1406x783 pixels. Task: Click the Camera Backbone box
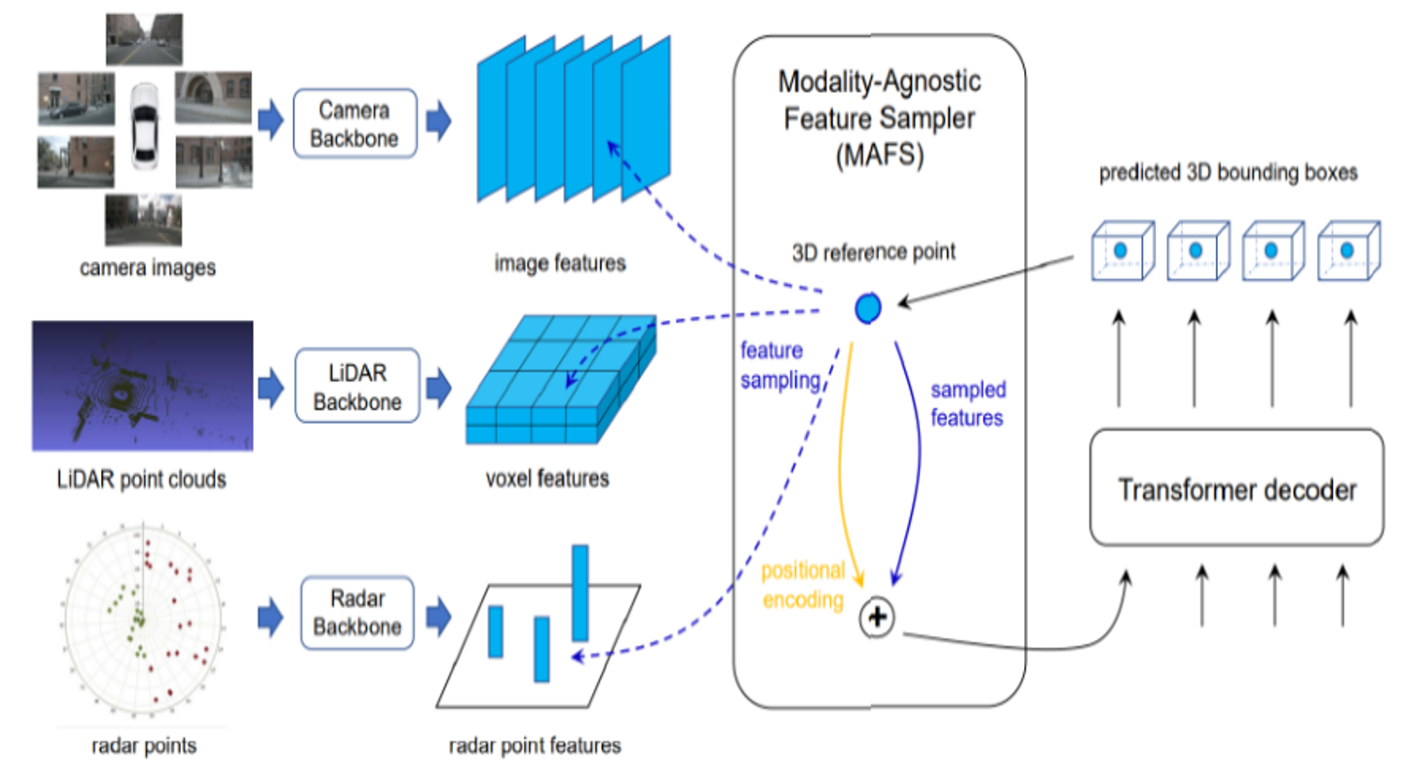[355, 123]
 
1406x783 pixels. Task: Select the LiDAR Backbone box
[358, 385]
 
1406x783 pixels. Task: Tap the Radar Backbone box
[358, 613]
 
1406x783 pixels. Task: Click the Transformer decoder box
[1237, 487]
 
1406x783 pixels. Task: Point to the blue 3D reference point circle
[868, 308]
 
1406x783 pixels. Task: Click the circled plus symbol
[877, 617]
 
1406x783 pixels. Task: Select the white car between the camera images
[144, 126]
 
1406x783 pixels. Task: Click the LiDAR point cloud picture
[142, 385]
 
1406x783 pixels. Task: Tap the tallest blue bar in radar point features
[580, 593]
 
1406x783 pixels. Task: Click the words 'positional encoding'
[803, 585]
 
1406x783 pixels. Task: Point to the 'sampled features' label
[968, 403]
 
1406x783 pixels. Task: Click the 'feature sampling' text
[780, 365]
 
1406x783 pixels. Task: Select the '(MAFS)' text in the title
[880, 155]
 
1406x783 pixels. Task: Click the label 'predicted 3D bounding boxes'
[1228, 172]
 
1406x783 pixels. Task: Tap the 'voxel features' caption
[548, 479]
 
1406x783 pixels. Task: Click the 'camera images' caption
[148, 268]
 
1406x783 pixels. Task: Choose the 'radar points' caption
[144, 746]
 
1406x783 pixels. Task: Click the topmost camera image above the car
[144, 39]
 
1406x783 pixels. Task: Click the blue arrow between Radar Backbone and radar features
[439, 616]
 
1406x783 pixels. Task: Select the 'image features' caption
[560, 263]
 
